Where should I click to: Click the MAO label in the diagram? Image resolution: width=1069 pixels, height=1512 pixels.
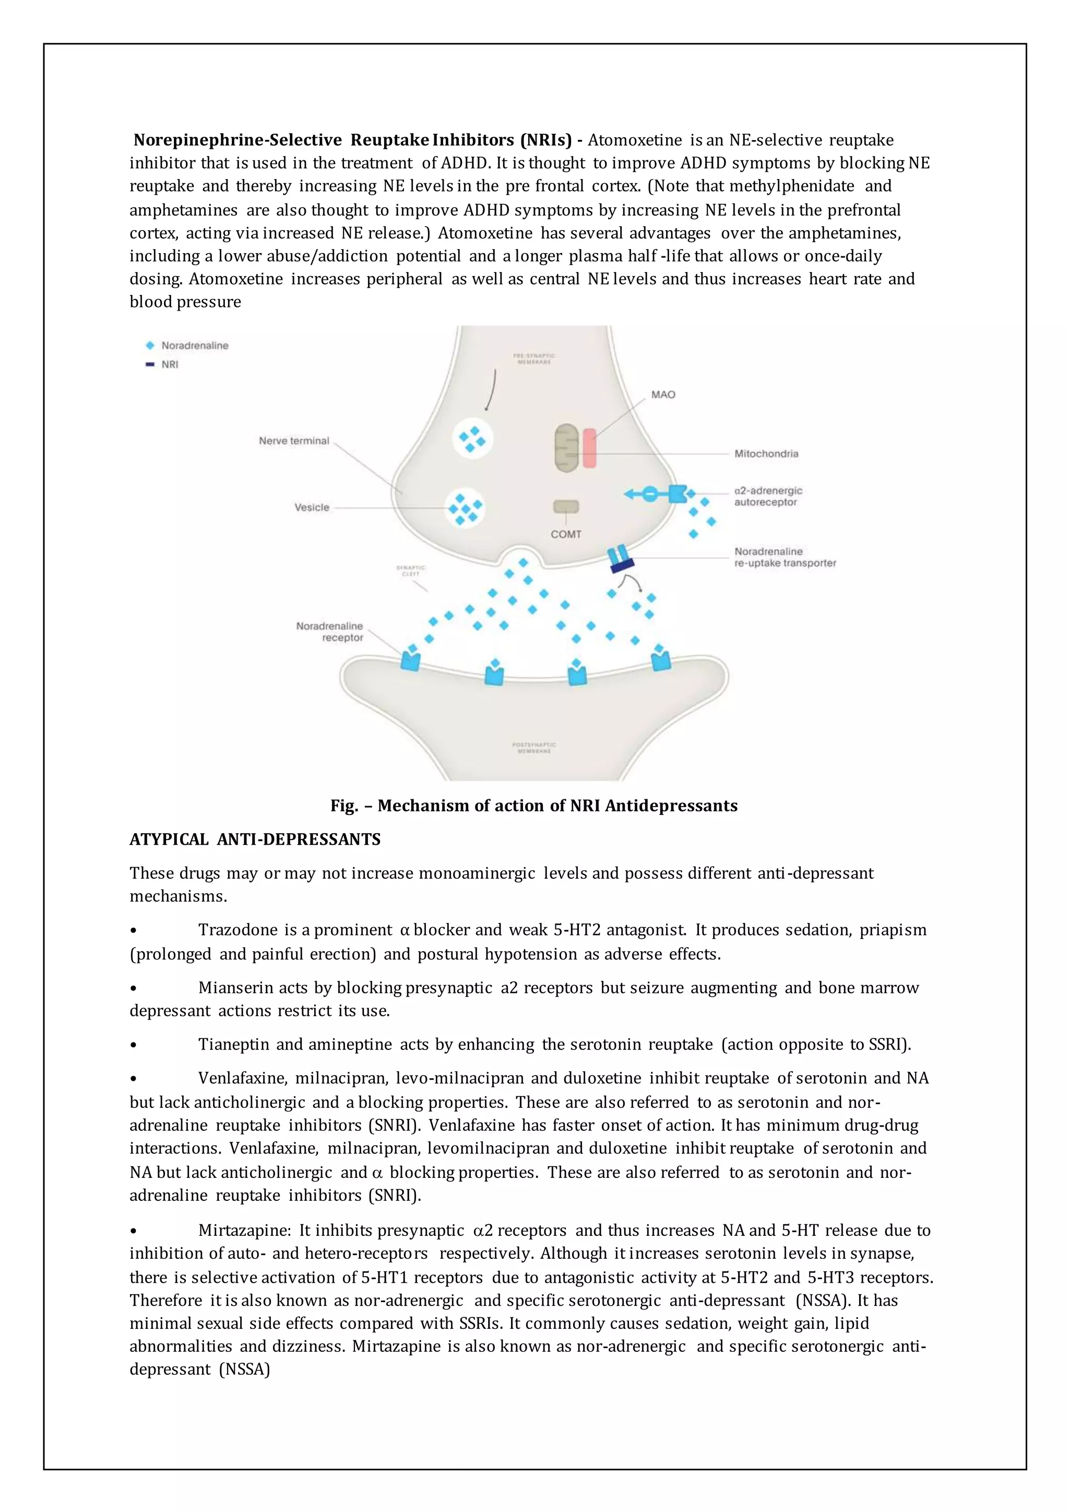(x=663, y=395)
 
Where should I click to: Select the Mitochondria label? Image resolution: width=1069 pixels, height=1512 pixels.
(x=766, y=454)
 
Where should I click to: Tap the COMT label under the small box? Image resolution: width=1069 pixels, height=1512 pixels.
(x=565, y=534)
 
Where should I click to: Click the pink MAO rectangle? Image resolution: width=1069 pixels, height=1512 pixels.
(x=589, y=448)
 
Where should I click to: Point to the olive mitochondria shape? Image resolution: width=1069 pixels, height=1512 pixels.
(x=566, y=448)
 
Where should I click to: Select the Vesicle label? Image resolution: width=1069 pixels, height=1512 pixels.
(x=311, y=507)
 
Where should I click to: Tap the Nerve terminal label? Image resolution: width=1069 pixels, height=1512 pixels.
(x=293, y=441)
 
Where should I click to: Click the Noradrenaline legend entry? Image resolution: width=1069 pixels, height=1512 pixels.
(x=194, y=345)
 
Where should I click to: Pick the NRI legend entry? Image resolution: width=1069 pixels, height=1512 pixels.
(x=169, y=364)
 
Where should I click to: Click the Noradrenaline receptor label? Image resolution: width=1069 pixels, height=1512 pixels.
(x=329, y=632)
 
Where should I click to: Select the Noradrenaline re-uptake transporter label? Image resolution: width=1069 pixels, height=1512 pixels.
(x=784, y=557)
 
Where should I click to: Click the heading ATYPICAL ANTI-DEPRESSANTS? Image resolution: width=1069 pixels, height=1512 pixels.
(x=255, y=840)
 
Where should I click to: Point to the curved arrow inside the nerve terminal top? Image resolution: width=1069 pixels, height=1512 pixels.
(x=491, y=390)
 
